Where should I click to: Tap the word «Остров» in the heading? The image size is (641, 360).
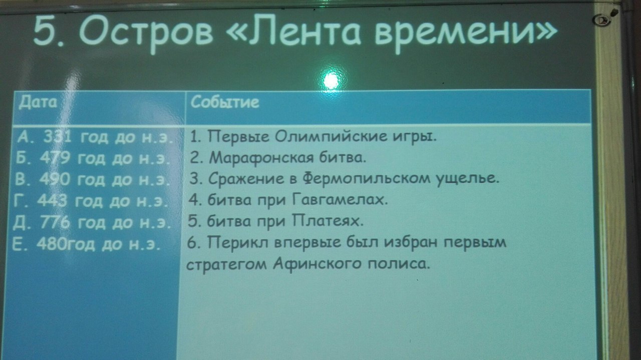click(146, 32)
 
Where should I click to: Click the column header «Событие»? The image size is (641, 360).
click(225, 102)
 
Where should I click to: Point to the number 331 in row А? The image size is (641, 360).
click(57, 137)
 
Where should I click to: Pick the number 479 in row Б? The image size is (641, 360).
click(55, 158)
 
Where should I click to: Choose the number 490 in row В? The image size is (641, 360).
click(55, 179)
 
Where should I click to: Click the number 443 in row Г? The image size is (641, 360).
click(52, 201)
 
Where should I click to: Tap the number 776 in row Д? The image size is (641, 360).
click(55, 222)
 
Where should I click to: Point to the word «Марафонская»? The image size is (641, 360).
click(261, 158)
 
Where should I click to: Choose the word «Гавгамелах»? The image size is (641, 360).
click(340, 200)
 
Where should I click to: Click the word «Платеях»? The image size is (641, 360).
click(328, 221)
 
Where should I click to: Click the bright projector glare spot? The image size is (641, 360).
click(332, 80)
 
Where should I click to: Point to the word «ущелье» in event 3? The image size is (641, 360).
click(468, 180)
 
